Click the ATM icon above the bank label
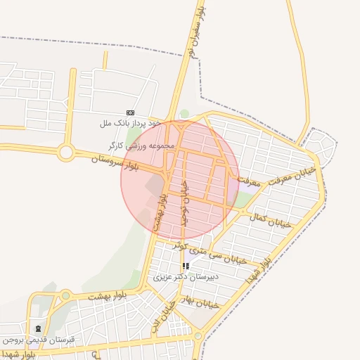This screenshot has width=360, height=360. [x=130, y=112]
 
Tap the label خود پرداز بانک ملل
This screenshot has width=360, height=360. [x=131, y=123]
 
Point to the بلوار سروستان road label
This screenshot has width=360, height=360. [x=117, y=164]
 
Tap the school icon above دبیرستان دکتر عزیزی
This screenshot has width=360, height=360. [x=186, y=266]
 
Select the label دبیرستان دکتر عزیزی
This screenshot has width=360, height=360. [x=186, y=277]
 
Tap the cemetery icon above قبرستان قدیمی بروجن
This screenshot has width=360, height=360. [x=38, y=328]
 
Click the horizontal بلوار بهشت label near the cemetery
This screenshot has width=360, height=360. [x=107, y=296]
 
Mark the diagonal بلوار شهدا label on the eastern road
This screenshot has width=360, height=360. [x=257, y=271]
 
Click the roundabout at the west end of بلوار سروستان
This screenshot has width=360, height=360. [x=67, y=151]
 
